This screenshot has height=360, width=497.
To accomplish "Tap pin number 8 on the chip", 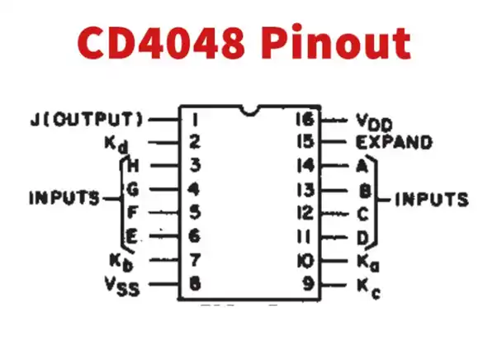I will coord(195,286).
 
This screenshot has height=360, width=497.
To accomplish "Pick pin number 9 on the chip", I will coord(307,286).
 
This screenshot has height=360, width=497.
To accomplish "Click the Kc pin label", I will coord(367,287).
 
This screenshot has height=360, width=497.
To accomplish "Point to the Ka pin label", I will coord(367,263).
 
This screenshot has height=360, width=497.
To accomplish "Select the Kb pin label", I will coord(121,263).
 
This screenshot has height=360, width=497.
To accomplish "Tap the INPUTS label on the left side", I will coord(64,199).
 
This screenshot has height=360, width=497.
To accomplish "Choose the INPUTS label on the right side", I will coord(431,200).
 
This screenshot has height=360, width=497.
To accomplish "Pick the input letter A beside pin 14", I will coord(361,165).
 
